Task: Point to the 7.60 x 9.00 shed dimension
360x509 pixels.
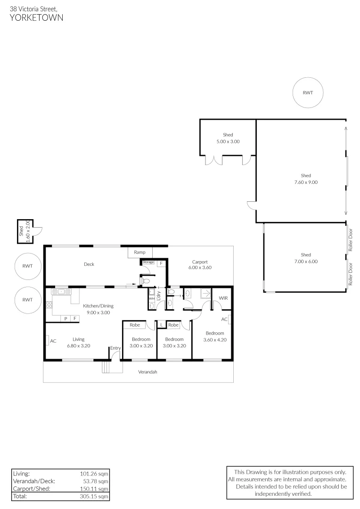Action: click(x=306, y=181)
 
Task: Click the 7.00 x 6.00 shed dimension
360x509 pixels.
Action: click(x=306, y=261)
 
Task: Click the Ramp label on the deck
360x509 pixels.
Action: click(x=139, y=253)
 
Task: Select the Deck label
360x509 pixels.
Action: click(x=89, y=264)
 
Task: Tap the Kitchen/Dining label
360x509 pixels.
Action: click(x=98, y=306)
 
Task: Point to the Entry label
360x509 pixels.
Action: click(x=115, y=348)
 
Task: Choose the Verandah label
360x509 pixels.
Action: click(x=147, y=372)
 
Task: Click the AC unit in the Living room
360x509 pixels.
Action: click(x=53, y=341)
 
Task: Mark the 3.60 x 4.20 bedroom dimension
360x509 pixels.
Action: click(x=214, y=339)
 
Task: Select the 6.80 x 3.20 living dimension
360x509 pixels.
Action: click(x=78, y=345)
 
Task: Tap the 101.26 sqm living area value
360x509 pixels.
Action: click(x=94, y=473)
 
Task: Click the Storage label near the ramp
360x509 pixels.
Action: click(x=148, y=262)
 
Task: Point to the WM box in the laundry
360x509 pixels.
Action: click(x=152, y=298)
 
